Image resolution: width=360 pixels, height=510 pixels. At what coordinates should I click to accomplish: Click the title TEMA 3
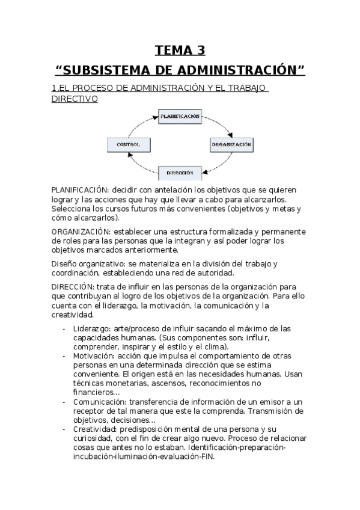pyautogui.click(x=180, y=50)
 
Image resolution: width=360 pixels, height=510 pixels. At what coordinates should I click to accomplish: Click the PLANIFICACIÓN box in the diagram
pyautogui.click(x=179, y=116)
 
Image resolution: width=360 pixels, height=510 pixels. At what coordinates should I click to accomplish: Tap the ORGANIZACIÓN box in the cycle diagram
pyautogui.click(x=231, y=145)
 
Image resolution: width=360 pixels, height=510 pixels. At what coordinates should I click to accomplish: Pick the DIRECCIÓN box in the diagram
pyautogui.click(x=179, y=173)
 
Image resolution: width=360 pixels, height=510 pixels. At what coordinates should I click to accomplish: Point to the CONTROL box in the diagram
pyautogui.click(x=128, y=145)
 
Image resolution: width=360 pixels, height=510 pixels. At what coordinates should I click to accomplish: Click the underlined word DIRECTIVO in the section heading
pyautogui.click(x=75, y=99)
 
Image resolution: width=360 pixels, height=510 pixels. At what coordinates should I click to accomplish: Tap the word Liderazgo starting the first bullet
pyautogui.click(x=91, y=328)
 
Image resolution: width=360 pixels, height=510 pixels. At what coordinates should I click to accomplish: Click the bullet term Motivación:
pyautogui.click(x=93, y=356)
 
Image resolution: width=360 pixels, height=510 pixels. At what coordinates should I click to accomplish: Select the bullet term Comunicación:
pyautogui.click(x=97, y=402)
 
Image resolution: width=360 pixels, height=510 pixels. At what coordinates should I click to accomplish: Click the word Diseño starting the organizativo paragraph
pyautogui.click(x=64, y=264)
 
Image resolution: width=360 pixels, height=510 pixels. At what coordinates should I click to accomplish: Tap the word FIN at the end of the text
pyautogui.click(x=206, y=456)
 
